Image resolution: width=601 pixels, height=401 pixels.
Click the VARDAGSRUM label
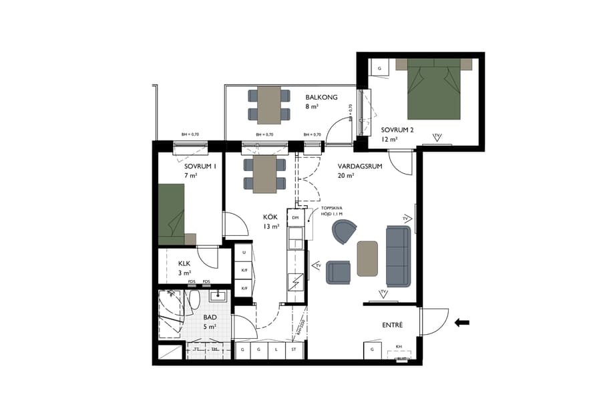coord(359,167)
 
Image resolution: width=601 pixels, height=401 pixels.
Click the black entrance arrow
coord(461,323)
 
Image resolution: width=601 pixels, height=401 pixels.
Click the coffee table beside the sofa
coord(367,258)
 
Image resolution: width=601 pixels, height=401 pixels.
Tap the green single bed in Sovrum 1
coord(171,213)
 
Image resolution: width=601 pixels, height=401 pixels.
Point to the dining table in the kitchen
coord(265,174)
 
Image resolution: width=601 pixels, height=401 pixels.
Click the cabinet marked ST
coord(293,349)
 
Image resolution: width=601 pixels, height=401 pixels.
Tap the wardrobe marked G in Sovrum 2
coord(379,68)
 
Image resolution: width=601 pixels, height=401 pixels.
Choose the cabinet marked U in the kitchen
coord(244,253)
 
